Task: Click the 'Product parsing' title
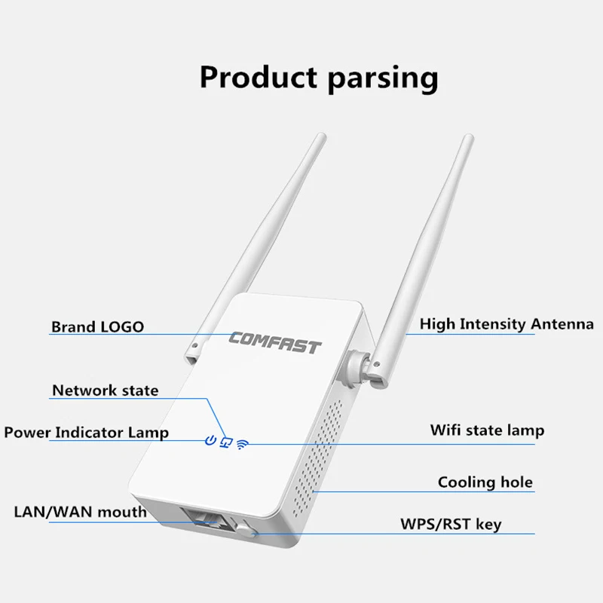pos(318,77)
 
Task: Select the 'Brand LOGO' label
pos(97,327)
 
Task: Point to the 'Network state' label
pos(106,390)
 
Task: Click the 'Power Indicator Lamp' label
pos(86,432)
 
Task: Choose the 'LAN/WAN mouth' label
pos(80,512)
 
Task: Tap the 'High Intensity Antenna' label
pos(507,324)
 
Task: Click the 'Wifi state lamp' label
pos(487,430)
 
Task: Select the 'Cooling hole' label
pos(485,482)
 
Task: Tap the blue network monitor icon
pos(225,442)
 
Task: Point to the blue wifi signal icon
pos(241,443)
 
